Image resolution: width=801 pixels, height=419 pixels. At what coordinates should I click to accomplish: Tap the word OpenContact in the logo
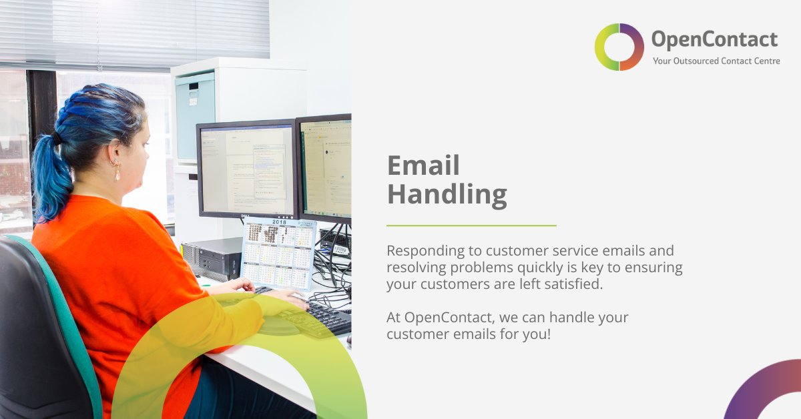[714, 40]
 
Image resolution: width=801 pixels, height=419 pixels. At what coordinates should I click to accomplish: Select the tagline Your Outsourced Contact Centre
[716, 61]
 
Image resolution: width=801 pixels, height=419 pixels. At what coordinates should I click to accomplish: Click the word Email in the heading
[423, 165]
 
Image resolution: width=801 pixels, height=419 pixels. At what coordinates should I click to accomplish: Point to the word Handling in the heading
[447, 195]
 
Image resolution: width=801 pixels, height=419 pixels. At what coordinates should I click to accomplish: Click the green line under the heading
[471, 226]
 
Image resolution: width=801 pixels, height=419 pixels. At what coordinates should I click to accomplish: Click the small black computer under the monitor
[212, 259]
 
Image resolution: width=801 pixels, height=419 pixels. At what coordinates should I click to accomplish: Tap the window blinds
[133, 30]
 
